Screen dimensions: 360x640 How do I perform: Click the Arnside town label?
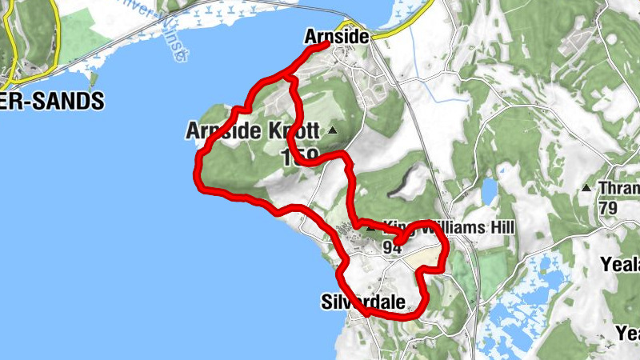[x=336, y=37]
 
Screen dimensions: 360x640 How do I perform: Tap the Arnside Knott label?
[x=252, y=130]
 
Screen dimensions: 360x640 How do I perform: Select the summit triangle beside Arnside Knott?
[x=332, y=130]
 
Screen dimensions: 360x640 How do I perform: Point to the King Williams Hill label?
[x=448, y=228]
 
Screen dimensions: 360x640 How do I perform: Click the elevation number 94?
[x=391, y=248]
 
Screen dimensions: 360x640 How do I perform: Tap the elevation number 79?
[x=608, y=207]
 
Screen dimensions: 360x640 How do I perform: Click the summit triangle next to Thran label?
[x=586, y=189]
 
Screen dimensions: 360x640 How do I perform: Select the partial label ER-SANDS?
[x=52, y=102]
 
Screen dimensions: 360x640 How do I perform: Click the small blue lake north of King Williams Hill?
[x=488, y=193]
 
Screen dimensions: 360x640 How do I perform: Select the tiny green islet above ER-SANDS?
[x=94, y=78]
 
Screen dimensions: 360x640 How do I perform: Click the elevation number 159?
[x=301, y=157]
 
